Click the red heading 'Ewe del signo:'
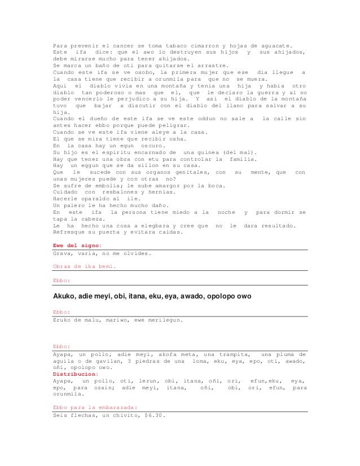(77, 245)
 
